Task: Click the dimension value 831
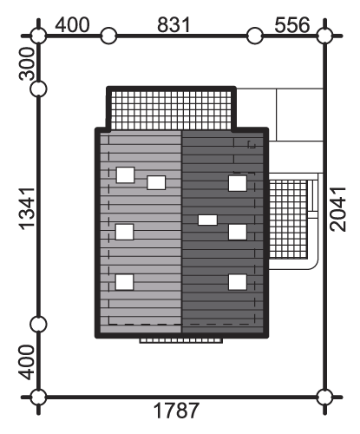173,25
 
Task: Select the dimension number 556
292,25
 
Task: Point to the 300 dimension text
27,63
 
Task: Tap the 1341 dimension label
27,209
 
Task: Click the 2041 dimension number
338,209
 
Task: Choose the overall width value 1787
176,411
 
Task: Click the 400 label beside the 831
72,25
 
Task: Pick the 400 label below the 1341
27,362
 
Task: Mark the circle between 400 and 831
108,36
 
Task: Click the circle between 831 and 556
255,36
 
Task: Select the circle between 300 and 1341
38,89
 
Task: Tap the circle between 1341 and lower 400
38,324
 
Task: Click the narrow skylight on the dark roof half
207,220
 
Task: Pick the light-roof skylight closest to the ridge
156,182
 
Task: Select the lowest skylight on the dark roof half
238,282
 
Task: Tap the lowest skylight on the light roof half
125,282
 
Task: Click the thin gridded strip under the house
181,340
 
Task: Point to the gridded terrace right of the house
288,219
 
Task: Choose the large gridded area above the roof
171,110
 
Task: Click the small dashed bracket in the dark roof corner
252,144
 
